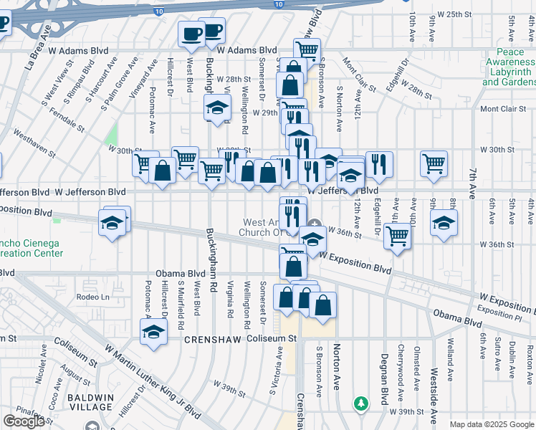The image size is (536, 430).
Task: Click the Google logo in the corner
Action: [x=24, y=421]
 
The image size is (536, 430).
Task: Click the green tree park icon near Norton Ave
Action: [x=363, y=404]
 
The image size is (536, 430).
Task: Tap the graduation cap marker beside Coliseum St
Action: [x=153, y=332]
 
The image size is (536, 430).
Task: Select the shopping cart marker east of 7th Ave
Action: [x=434, y=163]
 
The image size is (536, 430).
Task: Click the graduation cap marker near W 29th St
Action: [x=217, y=109]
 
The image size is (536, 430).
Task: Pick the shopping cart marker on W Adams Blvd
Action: [x=307, y=49]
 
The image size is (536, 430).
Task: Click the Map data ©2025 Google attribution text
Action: [x=492, y=424]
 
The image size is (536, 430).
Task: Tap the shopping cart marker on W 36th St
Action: [x=397, y=235]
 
